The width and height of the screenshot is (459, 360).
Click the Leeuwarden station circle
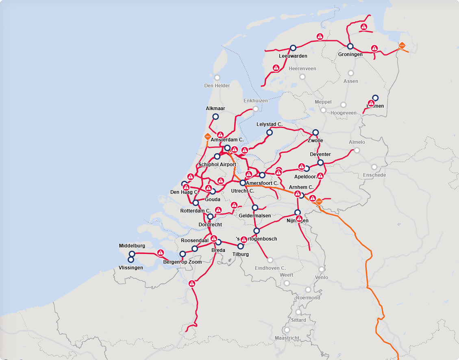tap(293, 48)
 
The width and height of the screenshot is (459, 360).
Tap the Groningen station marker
tap(350, 46)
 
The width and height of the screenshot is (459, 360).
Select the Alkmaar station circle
tap(215, 117)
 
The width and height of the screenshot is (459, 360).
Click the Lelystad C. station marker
tap(269, 132)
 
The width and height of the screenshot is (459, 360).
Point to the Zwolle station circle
tap(315, 132)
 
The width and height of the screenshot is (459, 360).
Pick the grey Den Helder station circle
tap(217, 78)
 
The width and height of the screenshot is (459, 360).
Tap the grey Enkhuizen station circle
tap(256, 108)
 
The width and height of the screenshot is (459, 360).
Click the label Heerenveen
tap(302, 69)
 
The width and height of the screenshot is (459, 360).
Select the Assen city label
tap(351, 81)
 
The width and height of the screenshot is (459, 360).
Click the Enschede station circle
tap(374, 167)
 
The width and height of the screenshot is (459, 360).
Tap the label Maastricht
tap(287, 338)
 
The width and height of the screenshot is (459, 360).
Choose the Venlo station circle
tap(322, 269)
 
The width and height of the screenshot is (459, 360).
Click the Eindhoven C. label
tap(270, 268)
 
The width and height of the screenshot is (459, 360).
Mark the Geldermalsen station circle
tap(255, 208)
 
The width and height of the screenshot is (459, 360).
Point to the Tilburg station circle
tap(240, 246)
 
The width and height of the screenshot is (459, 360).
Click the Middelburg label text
tap(132, 246)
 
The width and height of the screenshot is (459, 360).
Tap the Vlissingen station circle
tap(131, 260)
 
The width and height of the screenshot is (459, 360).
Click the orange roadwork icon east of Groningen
tap(402, 46)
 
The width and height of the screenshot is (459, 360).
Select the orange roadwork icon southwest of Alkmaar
tap(207, 137)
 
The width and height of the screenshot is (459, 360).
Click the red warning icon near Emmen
tap(371, 103)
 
